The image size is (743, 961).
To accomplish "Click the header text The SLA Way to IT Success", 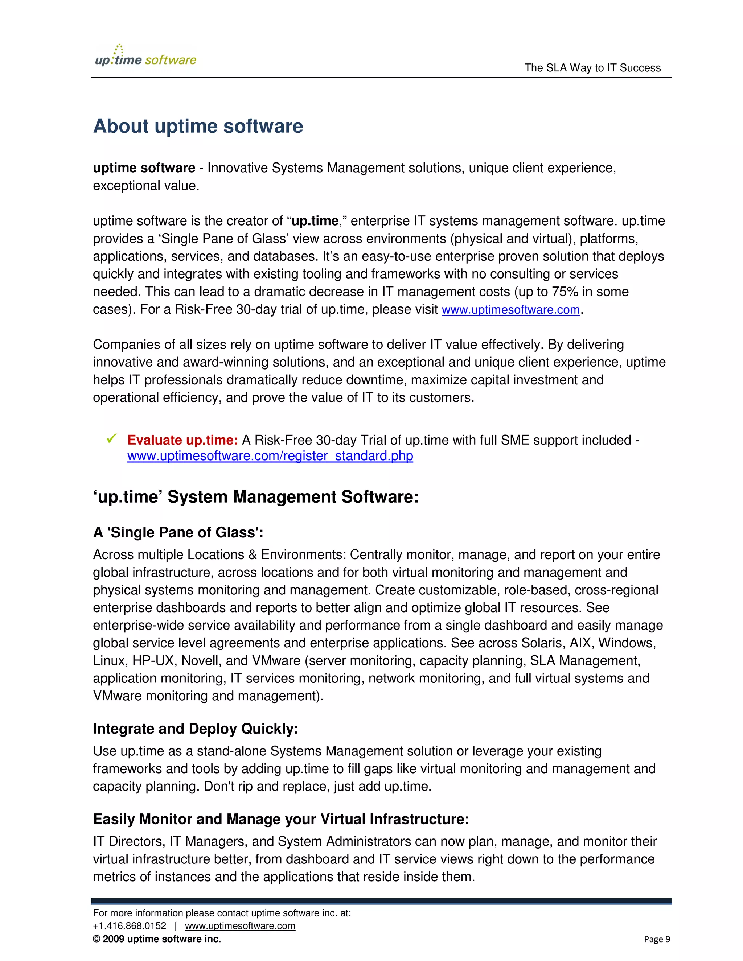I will tap(592, 68).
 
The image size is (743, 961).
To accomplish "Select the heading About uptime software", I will tap(198, 126).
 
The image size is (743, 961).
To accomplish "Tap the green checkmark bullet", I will tap(112, 439).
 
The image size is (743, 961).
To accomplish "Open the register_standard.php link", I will tap(270, 456).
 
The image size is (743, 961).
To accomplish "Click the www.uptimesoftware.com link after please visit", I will tap(510, 310).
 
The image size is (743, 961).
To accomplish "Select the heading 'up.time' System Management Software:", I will tap(256, 497).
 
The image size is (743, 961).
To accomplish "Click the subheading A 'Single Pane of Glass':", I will tap(178, 532).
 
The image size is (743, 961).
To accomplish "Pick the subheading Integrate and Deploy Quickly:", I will tap(196, 729).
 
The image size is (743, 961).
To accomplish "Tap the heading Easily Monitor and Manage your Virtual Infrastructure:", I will tap(281, 819).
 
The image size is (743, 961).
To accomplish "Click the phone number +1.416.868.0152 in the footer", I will tap(130, 926).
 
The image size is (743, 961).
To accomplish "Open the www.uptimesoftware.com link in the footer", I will tap(240, 926).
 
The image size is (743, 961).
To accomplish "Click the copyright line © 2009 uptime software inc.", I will tap(157, 939).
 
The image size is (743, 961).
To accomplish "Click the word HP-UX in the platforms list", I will tap(153, 660).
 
